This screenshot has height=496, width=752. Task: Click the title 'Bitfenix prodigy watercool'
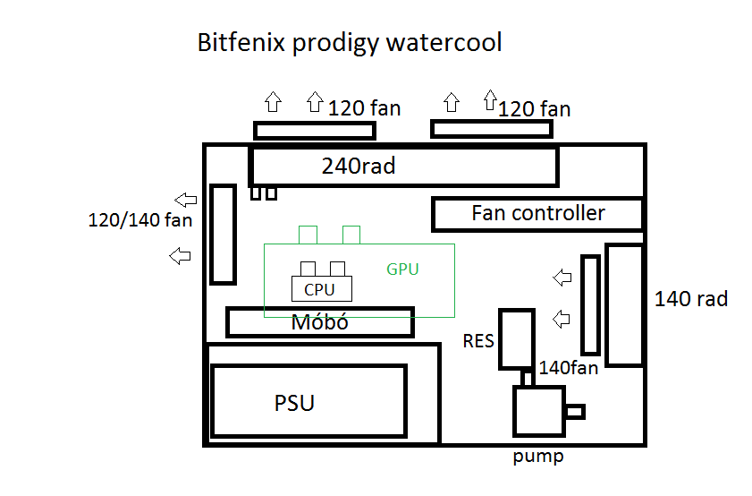[x=349, y=43]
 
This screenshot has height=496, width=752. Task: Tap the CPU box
[x=321, y=289]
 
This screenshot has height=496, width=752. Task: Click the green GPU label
[x=402, y=269]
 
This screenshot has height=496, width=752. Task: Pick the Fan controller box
[x=537, y=214]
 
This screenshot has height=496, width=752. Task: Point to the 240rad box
[x=403, y=167]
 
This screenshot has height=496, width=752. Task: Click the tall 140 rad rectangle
[x=625, y=304]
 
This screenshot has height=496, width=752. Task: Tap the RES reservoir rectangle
[x=516, y=339]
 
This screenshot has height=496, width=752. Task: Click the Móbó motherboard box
[x=319, y=322]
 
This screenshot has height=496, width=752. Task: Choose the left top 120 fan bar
[x=314, y=131]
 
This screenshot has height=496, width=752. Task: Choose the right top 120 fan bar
[x=491, y=130]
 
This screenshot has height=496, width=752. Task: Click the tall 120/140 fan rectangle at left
[x=223, y=235]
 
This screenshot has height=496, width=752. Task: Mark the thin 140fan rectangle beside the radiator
[x=590, y=304]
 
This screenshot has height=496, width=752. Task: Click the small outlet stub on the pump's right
[x=575, y=412]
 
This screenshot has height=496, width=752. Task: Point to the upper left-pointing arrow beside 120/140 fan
[x=186, y=200]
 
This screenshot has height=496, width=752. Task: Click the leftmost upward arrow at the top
[x=273, y=101]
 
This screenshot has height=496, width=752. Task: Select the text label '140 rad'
[x=691, y=299]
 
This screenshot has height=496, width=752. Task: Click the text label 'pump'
[x=538, y=458]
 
